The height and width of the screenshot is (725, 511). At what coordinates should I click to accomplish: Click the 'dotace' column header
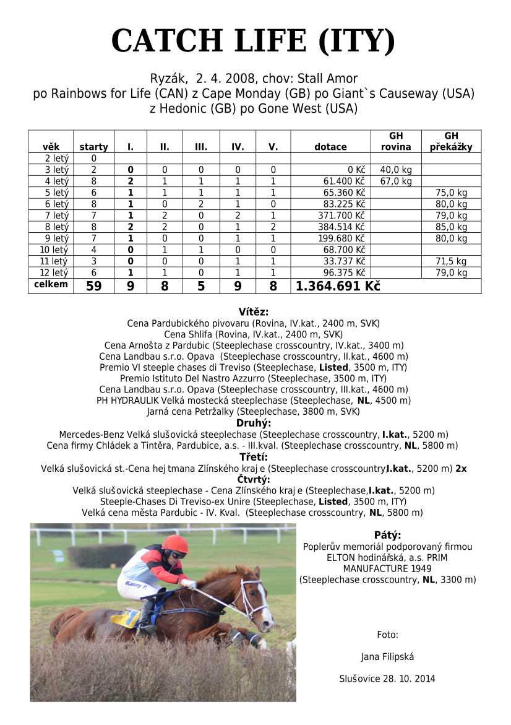click(330, 147)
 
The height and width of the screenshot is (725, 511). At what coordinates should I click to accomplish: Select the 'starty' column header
click(93, 147)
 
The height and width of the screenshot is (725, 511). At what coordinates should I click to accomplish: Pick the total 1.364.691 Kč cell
click(338, 286)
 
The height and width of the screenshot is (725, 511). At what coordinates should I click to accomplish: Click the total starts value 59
click(93, 286)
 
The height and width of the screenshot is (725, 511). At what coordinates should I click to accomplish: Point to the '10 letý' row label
click(51, 250)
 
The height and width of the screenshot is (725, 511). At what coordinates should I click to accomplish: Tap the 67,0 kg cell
click(396, 181)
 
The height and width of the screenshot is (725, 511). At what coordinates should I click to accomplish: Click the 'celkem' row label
click(51, 285)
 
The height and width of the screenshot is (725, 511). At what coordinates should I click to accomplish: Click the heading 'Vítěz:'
click(254, 312)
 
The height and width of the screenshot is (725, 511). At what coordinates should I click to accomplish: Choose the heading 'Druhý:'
click(254, 423)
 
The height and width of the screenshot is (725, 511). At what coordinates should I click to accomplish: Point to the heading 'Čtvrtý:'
click(254, 479)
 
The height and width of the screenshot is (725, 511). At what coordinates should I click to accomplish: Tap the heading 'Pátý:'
click(387, 535)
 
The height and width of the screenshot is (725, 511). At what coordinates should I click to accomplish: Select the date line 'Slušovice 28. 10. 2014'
click(387, 679)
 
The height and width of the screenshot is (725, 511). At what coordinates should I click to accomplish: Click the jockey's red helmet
click(176, 544)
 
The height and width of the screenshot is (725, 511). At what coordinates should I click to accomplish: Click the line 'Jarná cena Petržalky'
click(254, 412)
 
